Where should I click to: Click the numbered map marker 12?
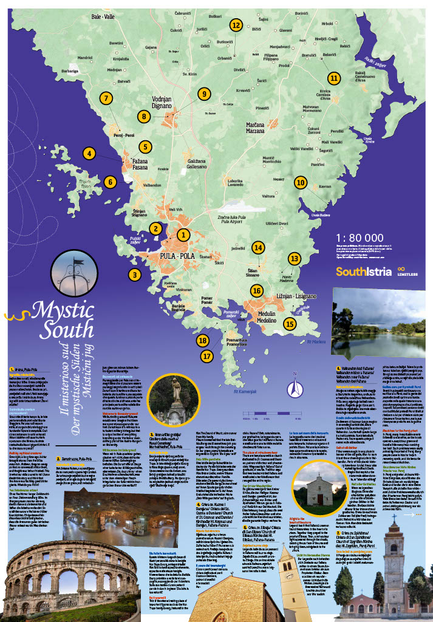click(236, 25)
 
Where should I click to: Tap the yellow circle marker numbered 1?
click(182, 234)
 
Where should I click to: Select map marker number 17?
click(208, 356)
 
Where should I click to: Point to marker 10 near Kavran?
click(300, 182)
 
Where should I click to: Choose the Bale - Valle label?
click(103, 18)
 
